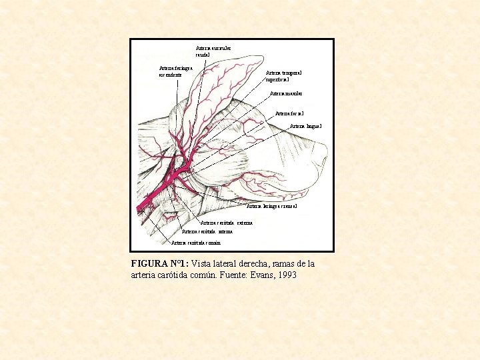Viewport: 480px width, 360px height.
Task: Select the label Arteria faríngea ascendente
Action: pos(176,71)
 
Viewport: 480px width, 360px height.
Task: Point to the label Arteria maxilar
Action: pos(287,94)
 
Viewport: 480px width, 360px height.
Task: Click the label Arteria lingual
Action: pos(306,126)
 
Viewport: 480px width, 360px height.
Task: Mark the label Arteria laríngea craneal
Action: pos(271,207)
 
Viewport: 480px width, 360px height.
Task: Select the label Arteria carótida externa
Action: pos(226,223)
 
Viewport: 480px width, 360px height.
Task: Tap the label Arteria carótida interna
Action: pos(207,232)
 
